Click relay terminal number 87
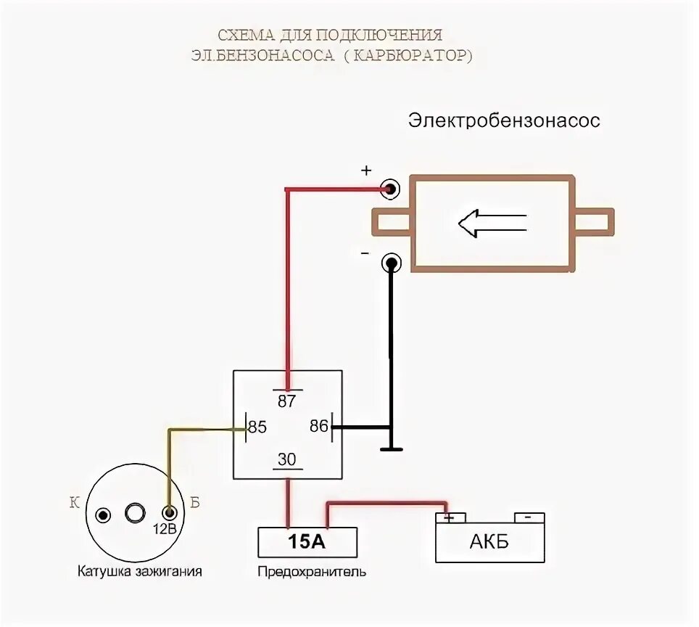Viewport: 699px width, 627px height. click(x=287, y=400)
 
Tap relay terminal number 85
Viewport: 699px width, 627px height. click(x=257, y=427)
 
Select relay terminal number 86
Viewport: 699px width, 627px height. click(x=319, y=426)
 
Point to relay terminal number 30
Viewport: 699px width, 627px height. click(x=287, y=459)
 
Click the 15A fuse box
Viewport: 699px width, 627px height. click(x=307, y=542)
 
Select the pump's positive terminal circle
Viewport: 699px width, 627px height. click(x=391, y=189)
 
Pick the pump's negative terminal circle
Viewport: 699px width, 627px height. click(x=391, y=263)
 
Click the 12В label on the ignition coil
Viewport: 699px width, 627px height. click(x=165, y=528)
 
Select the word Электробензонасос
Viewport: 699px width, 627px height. click(x=504, y=120)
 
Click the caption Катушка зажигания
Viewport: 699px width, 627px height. click(x=139, y=571)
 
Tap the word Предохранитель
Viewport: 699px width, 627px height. click(x=312, y=572)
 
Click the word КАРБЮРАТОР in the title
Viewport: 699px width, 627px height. click(x=410, y=56)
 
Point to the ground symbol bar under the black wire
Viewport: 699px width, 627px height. click(x=391, y=450)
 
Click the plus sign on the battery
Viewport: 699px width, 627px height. click(x=449, y=517)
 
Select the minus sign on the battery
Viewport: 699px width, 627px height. click(x=529, y=517)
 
